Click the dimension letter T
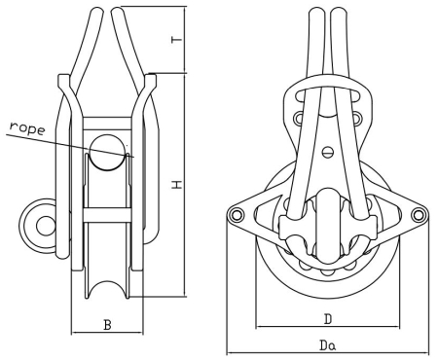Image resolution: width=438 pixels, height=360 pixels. (177, 40)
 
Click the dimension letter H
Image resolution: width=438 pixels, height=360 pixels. (177, 185)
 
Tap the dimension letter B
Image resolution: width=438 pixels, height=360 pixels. (107, 325)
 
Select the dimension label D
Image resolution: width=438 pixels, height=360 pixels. (328, 319)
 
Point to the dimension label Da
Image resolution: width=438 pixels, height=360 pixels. (328, 345)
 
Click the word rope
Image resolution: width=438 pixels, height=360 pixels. (27, 128)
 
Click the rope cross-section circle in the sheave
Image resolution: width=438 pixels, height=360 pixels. (107, 153)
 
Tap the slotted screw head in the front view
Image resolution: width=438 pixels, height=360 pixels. (328, 152)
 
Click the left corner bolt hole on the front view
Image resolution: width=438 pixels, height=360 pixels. (236, 214)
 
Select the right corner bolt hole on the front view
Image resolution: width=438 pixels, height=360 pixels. (418, 214)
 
